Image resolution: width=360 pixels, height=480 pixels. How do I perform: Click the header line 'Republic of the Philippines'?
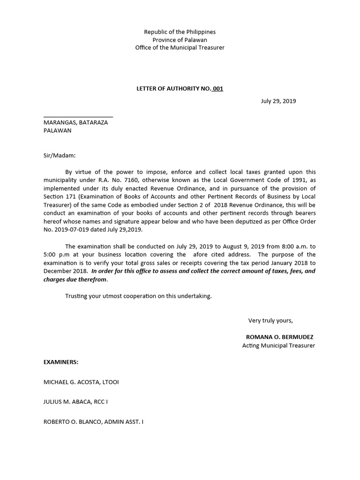pos(180,32)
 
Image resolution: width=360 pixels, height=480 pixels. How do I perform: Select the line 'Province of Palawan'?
pos(180,40)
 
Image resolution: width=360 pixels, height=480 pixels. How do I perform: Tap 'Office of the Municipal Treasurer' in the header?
pos(180,48)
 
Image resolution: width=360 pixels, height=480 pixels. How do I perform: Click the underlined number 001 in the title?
pos(217,89)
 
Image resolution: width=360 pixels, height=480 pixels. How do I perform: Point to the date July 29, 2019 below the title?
pos(278,101)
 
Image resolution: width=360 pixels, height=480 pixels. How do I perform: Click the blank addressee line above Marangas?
pos(78,116)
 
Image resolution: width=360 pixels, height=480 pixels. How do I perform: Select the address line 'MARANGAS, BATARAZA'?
pos(75,122)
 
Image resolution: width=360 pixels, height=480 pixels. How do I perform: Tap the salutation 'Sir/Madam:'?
pos(59,155)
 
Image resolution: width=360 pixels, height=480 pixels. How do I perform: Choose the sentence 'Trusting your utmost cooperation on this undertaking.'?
pos(138,296)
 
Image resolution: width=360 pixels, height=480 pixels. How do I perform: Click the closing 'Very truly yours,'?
pos(270,320)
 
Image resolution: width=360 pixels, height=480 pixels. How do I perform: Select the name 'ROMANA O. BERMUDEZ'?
pos(279,337)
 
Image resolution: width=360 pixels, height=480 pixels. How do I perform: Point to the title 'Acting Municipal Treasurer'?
pos(278,345)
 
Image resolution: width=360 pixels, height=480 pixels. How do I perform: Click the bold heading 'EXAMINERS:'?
pos(61,362)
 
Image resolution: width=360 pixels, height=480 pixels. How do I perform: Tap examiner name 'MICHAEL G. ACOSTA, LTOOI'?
pos(81,382)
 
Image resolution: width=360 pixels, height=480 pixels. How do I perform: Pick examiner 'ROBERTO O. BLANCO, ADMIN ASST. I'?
pos(93,422)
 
